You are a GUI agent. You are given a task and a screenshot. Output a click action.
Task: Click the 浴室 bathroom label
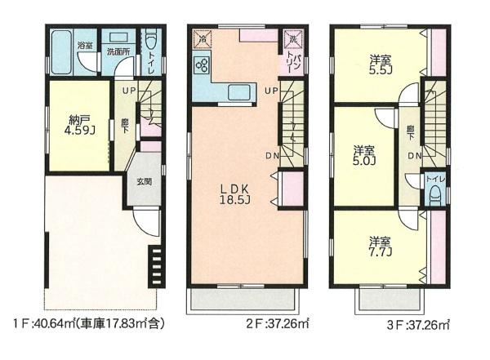tap(85, 45)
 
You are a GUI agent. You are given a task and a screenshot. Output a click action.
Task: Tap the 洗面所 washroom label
tap(118, 52)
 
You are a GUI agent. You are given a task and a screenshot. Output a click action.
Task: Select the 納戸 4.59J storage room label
tap(79, 124)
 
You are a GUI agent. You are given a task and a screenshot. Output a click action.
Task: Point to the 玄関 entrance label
tap(144, 181)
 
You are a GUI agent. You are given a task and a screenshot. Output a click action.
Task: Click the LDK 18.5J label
tap(234, 194)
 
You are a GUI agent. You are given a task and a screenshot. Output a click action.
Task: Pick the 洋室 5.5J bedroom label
tap(381, 64)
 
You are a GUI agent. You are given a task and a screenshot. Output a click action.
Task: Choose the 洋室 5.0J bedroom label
tap(364, 155)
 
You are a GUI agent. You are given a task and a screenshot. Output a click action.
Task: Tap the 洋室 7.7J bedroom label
tap(381, 246)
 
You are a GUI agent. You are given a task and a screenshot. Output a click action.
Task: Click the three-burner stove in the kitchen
tap(202, 65)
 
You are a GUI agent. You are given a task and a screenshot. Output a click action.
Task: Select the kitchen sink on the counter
tap(239, 92)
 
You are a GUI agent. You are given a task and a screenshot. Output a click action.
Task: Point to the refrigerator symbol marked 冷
tap(203, 39)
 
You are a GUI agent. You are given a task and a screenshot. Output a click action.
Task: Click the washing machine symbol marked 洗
tap(293, 39)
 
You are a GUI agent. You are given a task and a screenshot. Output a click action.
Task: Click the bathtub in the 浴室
tap(61, 52)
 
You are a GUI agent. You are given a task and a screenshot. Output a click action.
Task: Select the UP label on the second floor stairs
tap(271, 91)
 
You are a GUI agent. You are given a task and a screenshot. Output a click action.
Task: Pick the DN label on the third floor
tap(415, 156)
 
